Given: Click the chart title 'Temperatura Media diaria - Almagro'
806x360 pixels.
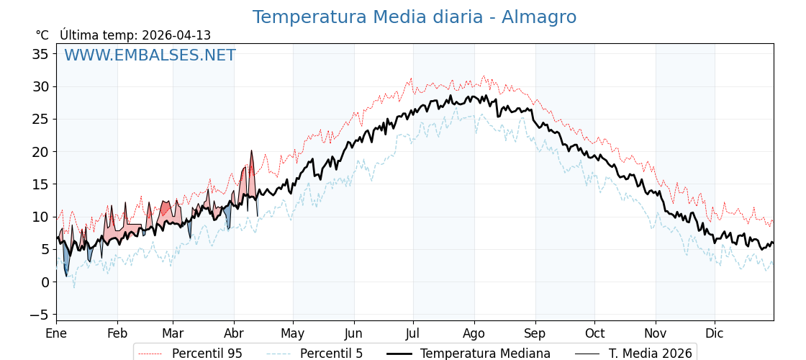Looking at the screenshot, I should (x=414, y=17).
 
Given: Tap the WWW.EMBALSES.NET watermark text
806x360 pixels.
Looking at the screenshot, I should (x=150, y=55).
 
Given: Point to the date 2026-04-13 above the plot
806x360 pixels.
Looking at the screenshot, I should (x=176, y=35).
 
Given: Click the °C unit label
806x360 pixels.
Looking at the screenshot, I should (x=42, y=35).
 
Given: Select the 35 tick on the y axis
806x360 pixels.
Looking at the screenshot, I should (x=42, y=54).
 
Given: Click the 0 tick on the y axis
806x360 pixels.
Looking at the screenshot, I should (x=45, y=282).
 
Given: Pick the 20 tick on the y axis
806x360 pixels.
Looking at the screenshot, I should (x=42, y=152).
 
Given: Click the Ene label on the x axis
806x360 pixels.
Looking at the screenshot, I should (x=56, y=334).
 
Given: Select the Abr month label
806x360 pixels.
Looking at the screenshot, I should (x=234, y=334).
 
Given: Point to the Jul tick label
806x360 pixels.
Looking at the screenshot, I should (x=413, y=334).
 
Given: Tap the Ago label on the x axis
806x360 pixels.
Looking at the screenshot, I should (x=474, y=334).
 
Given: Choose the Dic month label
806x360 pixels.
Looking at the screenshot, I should (x=715, y=334).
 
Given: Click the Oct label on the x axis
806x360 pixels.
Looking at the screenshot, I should (x=594, y=334).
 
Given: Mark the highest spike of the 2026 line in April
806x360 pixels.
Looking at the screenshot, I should (x=251, y=151).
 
